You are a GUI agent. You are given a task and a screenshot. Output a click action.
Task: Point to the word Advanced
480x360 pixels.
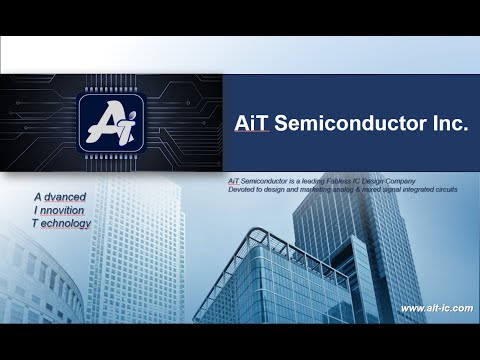click(60, 198)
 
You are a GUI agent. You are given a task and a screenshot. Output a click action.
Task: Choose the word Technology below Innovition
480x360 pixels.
click(62, 224)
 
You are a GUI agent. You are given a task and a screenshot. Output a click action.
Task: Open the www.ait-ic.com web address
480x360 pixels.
click(436, 308)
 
